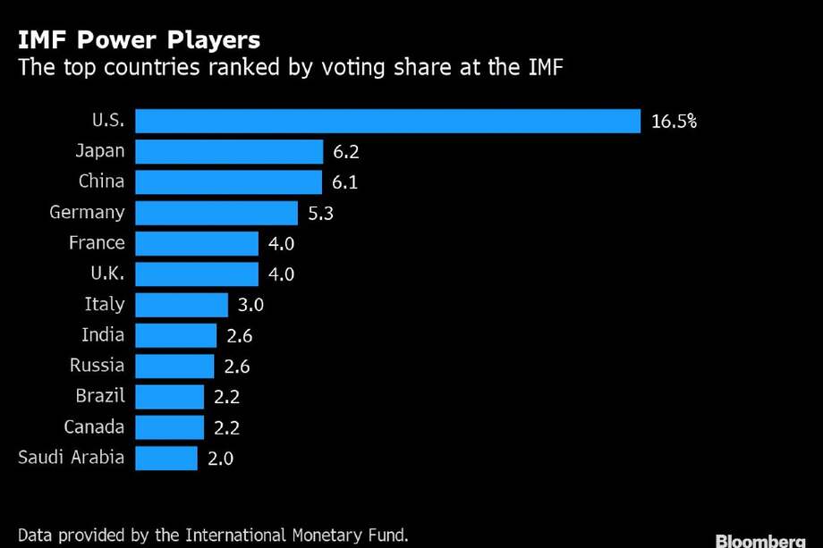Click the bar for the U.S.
(x=387, y=121)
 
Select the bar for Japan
(x=228, y=151)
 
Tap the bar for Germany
(x=216, y=213)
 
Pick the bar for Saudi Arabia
(x=165, y=459)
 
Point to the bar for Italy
(x=182, y=305)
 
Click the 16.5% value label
(x=674, y=122)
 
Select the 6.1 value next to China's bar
(x=345, y=182)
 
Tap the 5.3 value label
(x=321, y=214)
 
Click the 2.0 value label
(x=220, y=459)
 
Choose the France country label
(x=98, y=243)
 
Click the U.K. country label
(x=103, y=274)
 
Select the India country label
(x=103, y=335)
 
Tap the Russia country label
(x=98, y=366)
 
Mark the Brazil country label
(x=99, y=396)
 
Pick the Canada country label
(x=95, y=427)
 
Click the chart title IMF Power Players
(x=139, y=40)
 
